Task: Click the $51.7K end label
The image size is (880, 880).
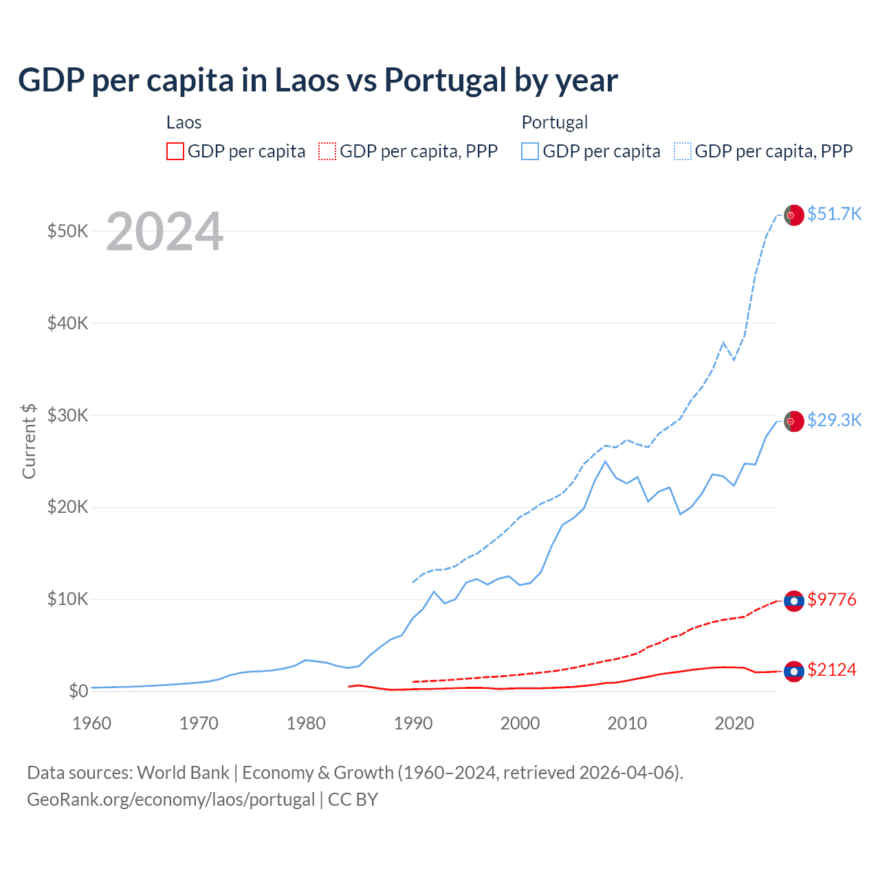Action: click(834, 214)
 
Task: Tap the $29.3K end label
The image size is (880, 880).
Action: click(834, 420)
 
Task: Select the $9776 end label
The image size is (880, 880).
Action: click(832, 599)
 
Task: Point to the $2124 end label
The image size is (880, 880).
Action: click(832, 670)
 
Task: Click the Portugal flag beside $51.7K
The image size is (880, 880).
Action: click(794, 215)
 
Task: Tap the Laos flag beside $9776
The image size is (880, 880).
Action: click(794, 601)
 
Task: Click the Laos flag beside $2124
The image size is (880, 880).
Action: click(794, 671)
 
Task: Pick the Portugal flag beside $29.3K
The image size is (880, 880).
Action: click(794, 421)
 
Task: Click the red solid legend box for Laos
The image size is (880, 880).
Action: click(175, 151)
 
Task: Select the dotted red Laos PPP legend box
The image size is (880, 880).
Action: click(327, 151)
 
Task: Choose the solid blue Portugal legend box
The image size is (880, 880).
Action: click(530, 151)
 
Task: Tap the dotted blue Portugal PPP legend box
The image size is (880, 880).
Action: click(683, 151)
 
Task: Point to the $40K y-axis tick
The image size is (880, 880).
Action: click(67, 323)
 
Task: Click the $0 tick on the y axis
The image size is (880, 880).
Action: click(78, 691)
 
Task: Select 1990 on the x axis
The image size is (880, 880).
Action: click(413, 723)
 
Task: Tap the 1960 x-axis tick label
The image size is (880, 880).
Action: click(92, 723)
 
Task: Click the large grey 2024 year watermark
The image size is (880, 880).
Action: click(165, 232)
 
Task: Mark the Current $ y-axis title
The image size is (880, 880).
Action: click(29, 441)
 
